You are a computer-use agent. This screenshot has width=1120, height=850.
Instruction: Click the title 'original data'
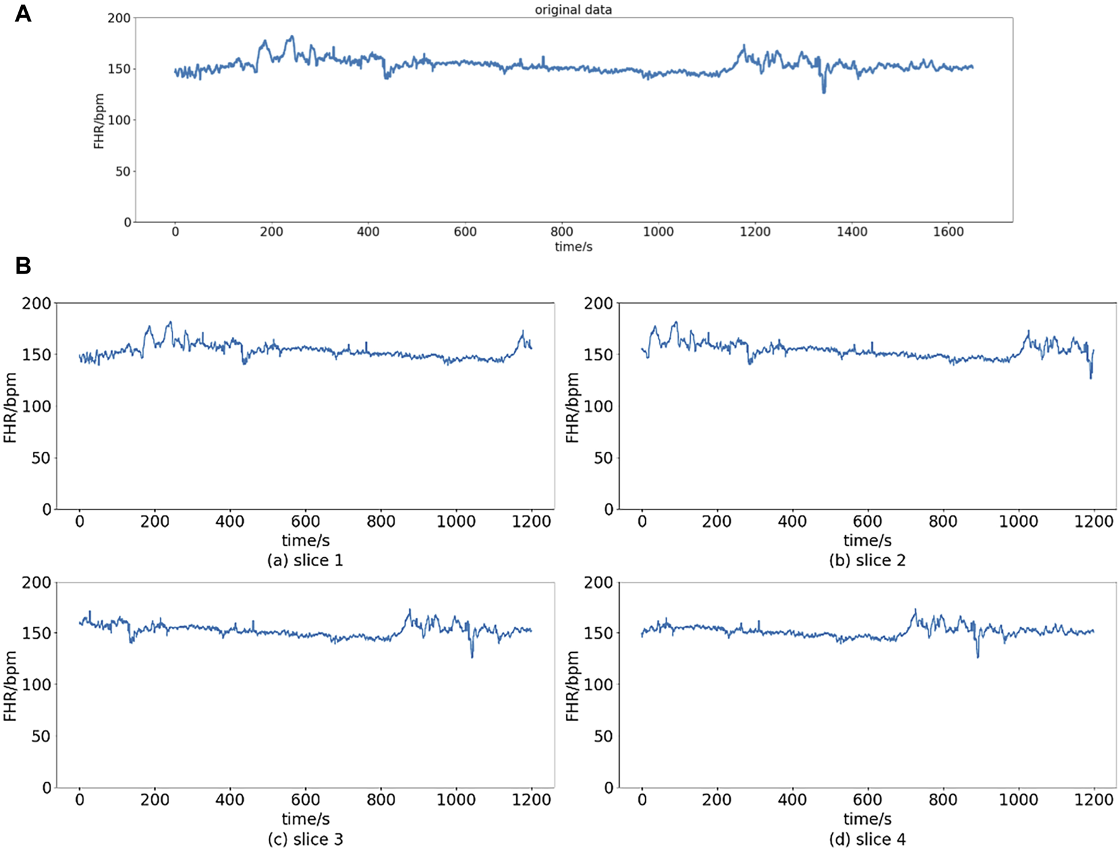click(x=573, y=9)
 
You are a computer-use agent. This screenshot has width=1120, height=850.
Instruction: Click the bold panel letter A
click(x=23, y=13)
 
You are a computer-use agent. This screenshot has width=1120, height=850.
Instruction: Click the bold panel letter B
click(x=23, y=266)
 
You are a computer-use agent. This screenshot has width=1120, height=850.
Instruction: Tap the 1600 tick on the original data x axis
click(x=948, y=232)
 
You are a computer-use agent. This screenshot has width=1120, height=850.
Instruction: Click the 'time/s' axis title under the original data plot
click(x=573, y=247)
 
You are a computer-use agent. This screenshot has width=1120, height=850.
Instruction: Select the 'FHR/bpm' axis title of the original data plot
click(x=99, y=121)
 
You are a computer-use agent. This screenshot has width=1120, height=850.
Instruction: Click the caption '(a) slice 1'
click(x=305, y=561)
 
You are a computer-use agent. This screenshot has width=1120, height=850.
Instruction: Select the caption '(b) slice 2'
click(x=867, y=561)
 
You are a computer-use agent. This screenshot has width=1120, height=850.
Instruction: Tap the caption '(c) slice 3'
click(x=305, y=839)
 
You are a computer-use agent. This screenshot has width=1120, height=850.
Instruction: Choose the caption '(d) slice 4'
click(x=867, y=839)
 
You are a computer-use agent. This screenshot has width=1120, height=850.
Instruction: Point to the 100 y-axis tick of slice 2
click(x=597, y=406)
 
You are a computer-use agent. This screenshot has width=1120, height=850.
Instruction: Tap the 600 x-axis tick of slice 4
click(x=867, y=800)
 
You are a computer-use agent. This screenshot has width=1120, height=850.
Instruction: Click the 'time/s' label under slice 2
click(x=867, y=541)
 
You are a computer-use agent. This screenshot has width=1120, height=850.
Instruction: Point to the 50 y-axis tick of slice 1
click(x=40, y=458)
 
